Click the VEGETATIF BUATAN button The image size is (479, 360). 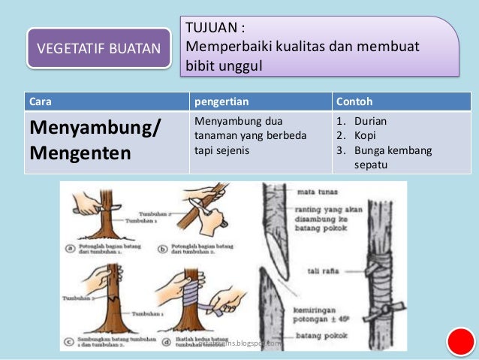98,50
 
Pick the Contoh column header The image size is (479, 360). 355,101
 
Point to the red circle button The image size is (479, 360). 459,342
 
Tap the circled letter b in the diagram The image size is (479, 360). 164,246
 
